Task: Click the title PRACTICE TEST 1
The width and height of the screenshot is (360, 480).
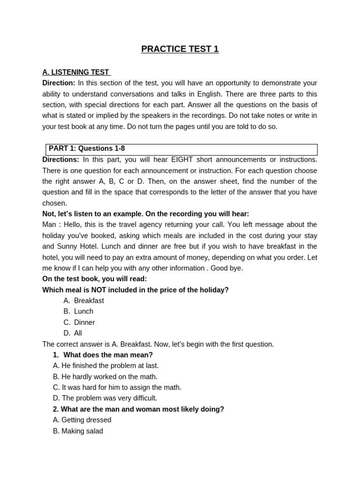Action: pyautogui.click(x=180, y=49)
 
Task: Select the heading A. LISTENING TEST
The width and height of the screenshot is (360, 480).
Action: pyautogui.click(x=76, y=72)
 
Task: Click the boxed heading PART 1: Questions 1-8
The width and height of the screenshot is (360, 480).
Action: pyautogui.click(x=87, y=149)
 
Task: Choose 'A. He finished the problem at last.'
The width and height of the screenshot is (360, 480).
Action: pyautogui.click(x=106, y=366)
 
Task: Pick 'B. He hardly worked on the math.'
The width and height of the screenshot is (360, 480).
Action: pyautogui.click(x=105, y=376)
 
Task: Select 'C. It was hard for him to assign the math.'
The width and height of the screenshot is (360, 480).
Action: pyautogui.click(x=117, y=387)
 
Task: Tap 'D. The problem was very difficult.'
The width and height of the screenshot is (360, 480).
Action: pyautogui.click(x=105, y=398)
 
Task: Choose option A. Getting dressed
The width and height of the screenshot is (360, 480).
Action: pyautogui.click(x=82, y=420)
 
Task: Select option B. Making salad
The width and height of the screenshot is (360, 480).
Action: pyautogui.click(x=78, y=431)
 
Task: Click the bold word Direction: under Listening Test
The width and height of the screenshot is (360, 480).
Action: pyautogui.click(x=59, y=83)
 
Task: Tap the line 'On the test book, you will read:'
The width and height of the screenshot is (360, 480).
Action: pyautogui.click(x=94, y=279)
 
